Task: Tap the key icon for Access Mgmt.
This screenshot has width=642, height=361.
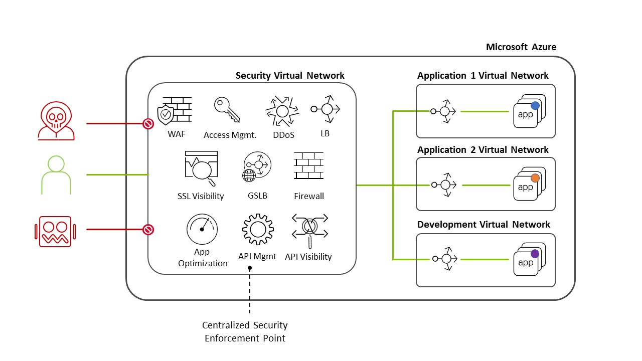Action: click(x=227, y=110)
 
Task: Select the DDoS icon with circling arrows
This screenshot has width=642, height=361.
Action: click(x=281, y=111)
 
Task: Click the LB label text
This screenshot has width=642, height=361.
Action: click(x=325, y=134)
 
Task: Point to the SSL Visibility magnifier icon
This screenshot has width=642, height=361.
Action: click(x=201, y=168)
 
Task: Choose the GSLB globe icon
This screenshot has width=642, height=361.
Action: click(x=256, y=167)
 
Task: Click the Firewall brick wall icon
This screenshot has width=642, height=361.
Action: click(x=308, y=166)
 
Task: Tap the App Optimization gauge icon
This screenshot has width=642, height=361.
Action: click(x=202, y=229)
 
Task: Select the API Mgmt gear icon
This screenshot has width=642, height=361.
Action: click(x=257, y=229)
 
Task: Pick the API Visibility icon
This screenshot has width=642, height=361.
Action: click(x=309, y=228)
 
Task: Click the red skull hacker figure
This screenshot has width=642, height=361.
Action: click(x=56, y=122)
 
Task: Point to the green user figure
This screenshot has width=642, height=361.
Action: click(x=56, y=174)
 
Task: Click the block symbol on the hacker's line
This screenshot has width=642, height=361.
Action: click(x=148, y=123)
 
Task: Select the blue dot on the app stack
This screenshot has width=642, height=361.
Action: click(x=535, y=105)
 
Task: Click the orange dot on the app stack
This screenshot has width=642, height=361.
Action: click(x=535, y=178)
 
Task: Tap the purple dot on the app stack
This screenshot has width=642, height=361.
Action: click(x=535, y=254)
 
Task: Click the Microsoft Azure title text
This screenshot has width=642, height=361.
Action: click(x=521, y=47)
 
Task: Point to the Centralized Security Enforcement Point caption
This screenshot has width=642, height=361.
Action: click(x=245, y=332)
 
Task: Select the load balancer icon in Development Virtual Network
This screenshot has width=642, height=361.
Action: click(x=444, y=259)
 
